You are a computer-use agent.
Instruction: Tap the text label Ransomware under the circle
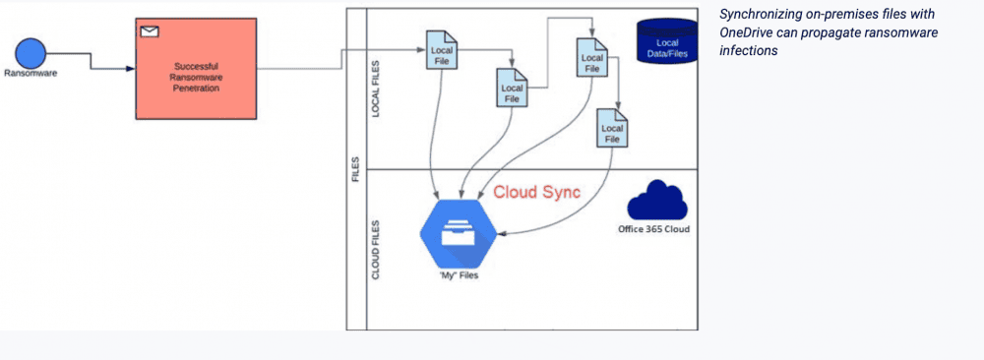point(31,73)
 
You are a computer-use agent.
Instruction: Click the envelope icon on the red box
point(149,31)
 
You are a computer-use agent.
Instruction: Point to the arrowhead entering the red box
point(130,69)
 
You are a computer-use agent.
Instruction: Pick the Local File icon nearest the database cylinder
point(591,56)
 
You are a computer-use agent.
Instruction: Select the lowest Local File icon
point(612,129)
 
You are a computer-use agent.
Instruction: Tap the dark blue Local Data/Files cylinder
point(666,43)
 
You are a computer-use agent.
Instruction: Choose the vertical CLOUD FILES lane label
point(375,250)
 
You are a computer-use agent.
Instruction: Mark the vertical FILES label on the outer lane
point(355,169)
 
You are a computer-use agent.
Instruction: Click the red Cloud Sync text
point(536,193)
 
